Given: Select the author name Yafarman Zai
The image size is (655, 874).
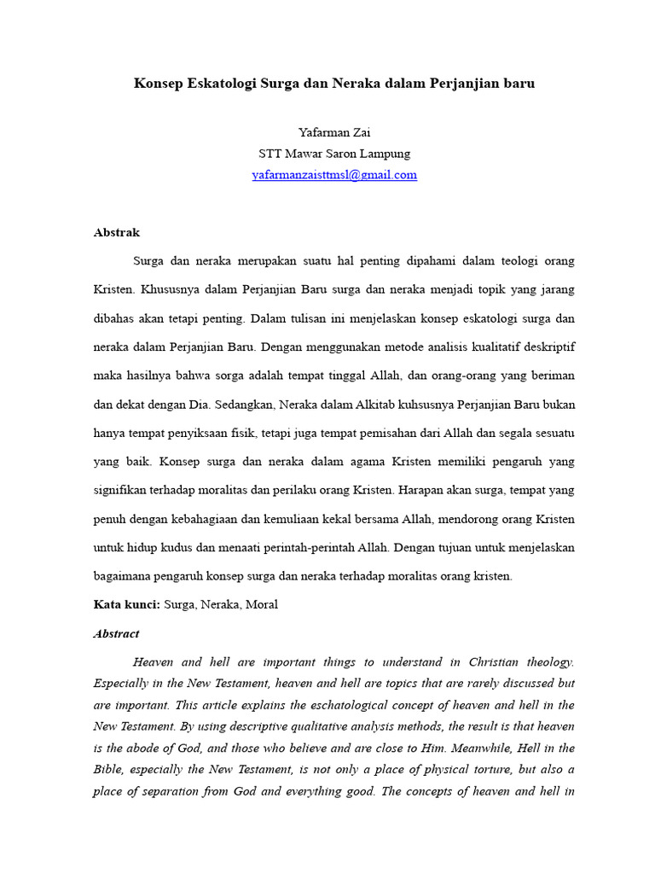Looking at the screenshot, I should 334,132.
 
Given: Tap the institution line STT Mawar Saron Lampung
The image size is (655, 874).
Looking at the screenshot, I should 334,154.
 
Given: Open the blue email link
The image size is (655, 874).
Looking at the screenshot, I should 334,175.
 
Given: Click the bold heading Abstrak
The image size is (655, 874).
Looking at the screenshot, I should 117,232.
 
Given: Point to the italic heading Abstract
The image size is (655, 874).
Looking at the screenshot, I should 116,634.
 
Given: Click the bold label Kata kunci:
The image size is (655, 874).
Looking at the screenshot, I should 126,605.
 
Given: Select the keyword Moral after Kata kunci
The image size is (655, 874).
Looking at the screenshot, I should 262,605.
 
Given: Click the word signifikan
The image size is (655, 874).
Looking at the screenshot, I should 121,491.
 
